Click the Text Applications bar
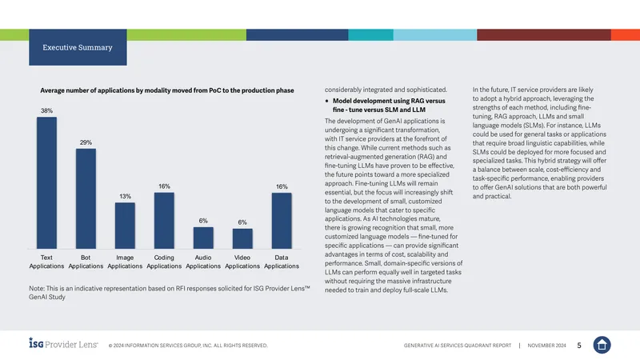point(46,183)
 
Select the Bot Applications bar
point(86,198)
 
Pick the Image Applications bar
point(125,226)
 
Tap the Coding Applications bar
point(164,221)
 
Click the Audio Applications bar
point(203,238)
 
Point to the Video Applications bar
point(242,238)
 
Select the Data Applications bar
point(282,221)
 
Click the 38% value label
point(46,110)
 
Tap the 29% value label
point(86,142)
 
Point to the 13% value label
point(126,196)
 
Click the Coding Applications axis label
point(164,262)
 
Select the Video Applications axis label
point(242,262)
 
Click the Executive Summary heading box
point(78,47)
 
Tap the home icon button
point(602,345)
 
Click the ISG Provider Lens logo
point(63,343)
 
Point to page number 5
point(579,346)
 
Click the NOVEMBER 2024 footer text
point(546,346)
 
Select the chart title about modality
point(167,90)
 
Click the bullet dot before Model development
point(327,102)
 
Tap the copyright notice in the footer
point(188,346)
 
